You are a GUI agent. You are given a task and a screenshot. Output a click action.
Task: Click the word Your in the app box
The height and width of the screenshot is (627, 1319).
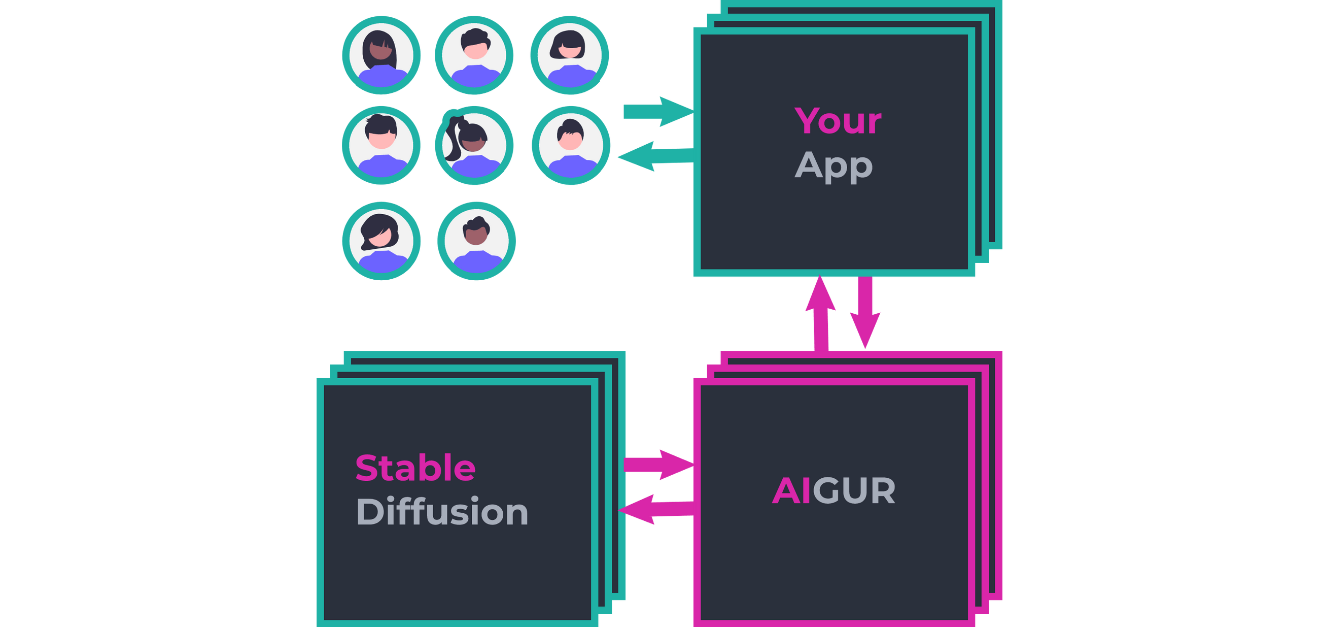click(x=838, y=121)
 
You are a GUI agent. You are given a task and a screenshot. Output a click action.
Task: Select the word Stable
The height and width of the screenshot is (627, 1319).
click(x=415, y=468)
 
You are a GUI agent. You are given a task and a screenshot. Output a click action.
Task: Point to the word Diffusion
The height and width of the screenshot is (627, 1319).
click(x=442, y=511)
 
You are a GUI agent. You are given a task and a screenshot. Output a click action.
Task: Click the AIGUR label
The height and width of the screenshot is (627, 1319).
click(x=834, y=491)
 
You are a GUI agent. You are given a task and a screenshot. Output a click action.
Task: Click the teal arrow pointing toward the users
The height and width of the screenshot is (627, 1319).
click(x=655, y=156)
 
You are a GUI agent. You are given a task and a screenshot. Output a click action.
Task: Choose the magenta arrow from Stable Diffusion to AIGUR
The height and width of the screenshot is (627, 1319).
click(x=658, y=465)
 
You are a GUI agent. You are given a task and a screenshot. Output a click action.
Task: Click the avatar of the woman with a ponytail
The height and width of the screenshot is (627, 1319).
click(x=474, y=146)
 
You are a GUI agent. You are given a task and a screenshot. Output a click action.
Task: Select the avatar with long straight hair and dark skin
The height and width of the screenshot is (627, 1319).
click(x=381, y=55)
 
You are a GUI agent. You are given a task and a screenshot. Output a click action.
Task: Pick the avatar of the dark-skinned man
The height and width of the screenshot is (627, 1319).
click(x=476, y=241)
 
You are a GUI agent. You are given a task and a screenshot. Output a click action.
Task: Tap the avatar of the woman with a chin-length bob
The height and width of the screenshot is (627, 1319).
click(x=569, y=55)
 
